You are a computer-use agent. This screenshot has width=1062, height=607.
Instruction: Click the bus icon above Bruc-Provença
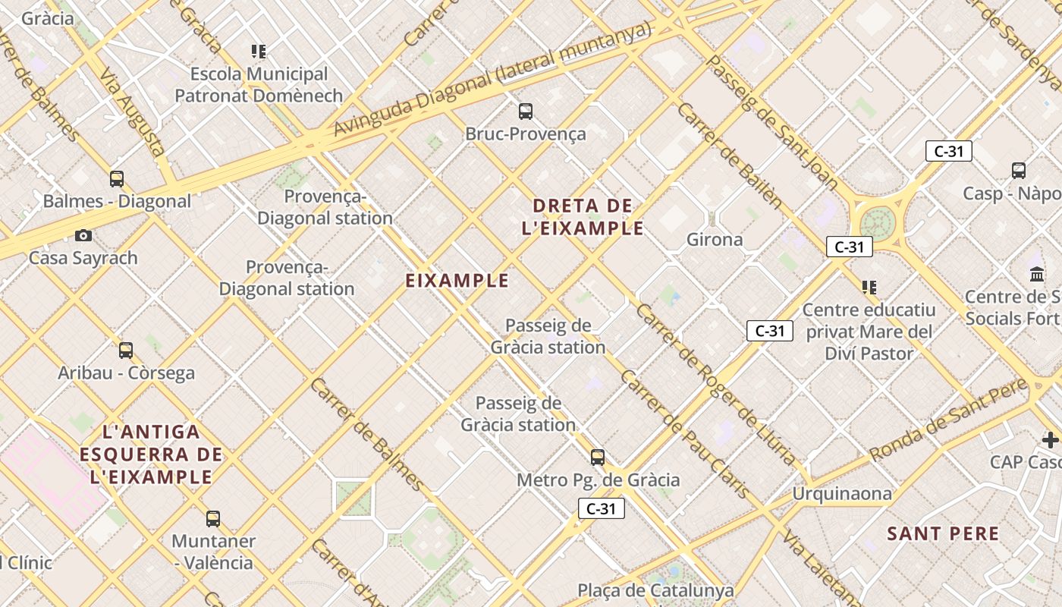pos(526,112)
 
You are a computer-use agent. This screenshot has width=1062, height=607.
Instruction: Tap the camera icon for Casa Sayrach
pos(83,236)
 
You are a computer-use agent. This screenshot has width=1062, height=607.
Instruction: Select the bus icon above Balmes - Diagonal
pos(117,179)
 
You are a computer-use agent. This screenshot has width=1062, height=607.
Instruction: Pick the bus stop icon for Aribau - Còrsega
pos(126,351)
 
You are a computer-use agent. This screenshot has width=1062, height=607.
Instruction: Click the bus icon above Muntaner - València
pos(213,519)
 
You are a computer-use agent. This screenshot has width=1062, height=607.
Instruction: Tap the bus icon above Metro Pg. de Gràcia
pos(598,458)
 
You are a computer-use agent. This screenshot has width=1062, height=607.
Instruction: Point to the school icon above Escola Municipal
pos(259,52)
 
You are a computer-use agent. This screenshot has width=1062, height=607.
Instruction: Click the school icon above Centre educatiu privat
pos(869,288)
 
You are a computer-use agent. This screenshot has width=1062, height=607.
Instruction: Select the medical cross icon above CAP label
pos(1050,440)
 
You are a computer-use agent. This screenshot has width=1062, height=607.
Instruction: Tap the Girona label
pos(715,240)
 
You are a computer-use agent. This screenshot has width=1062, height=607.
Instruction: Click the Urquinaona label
pos(842,494)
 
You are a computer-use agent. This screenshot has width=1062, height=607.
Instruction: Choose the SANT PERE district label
pos(943,533)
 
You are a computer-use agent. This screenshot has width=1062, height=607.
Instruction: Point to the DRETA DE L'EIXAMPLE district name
pos(583,216)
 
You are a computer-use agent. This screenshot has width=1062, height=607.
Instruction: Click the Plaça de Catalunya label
pos(655,590)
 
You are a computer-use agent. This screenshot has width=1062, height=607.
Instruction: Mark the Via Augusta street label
pos(134,113)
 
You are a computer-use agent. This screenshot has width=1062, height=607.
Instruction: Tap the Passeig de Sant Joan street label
pos(772,122)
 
